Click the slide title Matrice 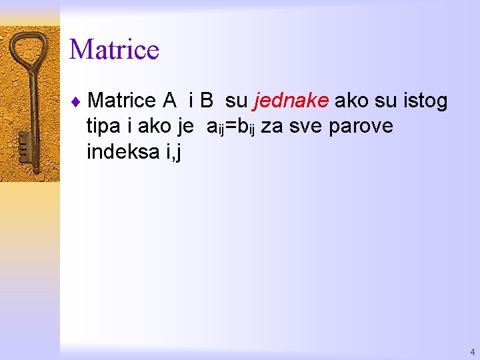(114, 50)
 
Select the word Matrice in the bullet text (121, 101)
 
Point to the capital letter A (169, 101)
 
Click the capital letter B (206, 101)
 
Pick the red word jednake (291, 101)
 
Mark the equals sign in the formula (231, 127)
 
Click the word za (271, 127)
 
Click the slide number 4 (472, 351)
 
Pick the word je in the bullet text (185, 127)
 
